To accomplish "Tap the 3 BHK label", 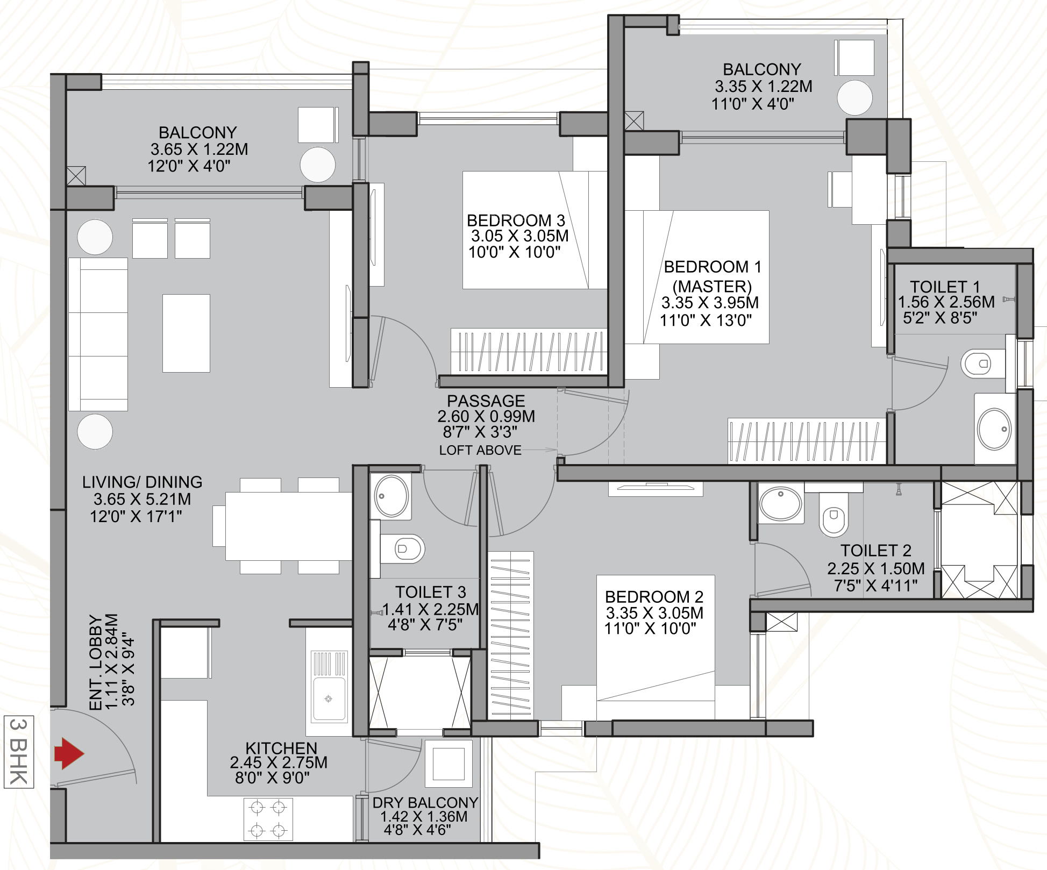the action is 19,752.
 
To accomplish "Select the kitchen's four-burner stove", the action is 268,819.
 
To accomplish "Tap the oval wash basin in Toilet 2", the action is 780,503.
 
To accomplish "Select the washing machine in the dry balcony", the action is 448,764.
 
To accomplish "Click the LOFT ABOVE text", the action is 480,450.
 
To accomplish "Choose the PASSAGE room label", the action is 486,401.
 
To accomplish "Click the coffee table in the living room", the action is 186,333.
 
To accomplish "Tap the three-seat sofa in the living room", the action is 98,334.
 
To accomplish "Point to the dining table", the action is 289,526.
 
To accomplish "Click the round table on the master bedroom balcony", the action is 854,97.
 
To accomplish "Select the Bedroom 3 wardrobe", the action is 529,351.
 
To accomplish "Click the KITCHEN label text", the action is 281,748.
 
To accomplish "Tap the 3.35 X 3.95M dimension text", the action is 710,303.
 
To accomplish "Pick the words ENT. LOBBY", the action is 96,662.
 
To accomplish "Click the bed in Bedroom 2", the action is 656,647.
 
